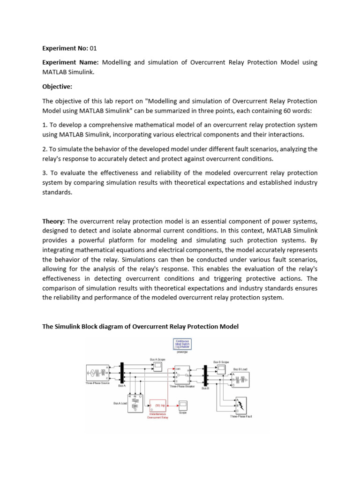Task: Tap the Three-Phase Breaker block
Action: pos(181,375)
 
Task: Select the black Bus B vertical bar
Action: pos(205,376)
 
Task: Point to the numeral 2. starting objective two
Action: pos(45,149)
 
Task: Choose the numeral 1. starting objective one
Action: pos(45,125)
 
